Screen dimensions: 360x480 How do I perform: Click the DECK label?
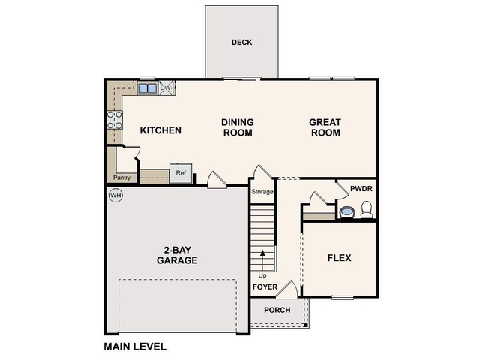coord(241,43)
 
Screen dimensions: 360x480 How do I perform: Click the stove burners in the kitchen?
coord(115,120)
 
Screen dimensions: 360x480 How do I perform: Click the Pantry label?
coord(121,178)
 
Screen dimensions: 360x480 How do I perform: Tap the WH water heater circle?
coord(115,195)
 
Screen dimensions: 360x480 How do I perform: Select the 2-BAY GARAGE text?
coord(177,255)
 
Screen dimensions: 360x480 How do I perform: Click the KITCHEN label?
coord(160,130)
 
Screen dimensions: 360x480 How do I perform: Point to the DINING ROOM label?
coord(237,127)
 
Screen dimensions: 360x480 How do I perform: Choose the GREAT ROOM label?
coord(325,127)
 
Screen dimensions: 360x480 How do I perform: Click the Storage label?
coord(262,192)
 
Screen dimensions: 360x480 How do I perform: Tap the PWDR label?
coord(361,189)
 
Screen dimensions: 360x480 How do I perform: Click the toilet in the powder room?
coord(367,211)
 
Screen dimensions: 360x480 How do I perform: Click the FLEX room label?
coord(339,258)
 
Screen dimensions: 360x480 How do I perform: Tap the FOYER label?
coord(264,287)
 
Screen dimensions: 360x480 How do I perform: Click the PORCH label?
coord(277,310)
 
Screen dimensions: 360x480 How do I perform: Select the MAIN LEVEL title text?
coord(134,346)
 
